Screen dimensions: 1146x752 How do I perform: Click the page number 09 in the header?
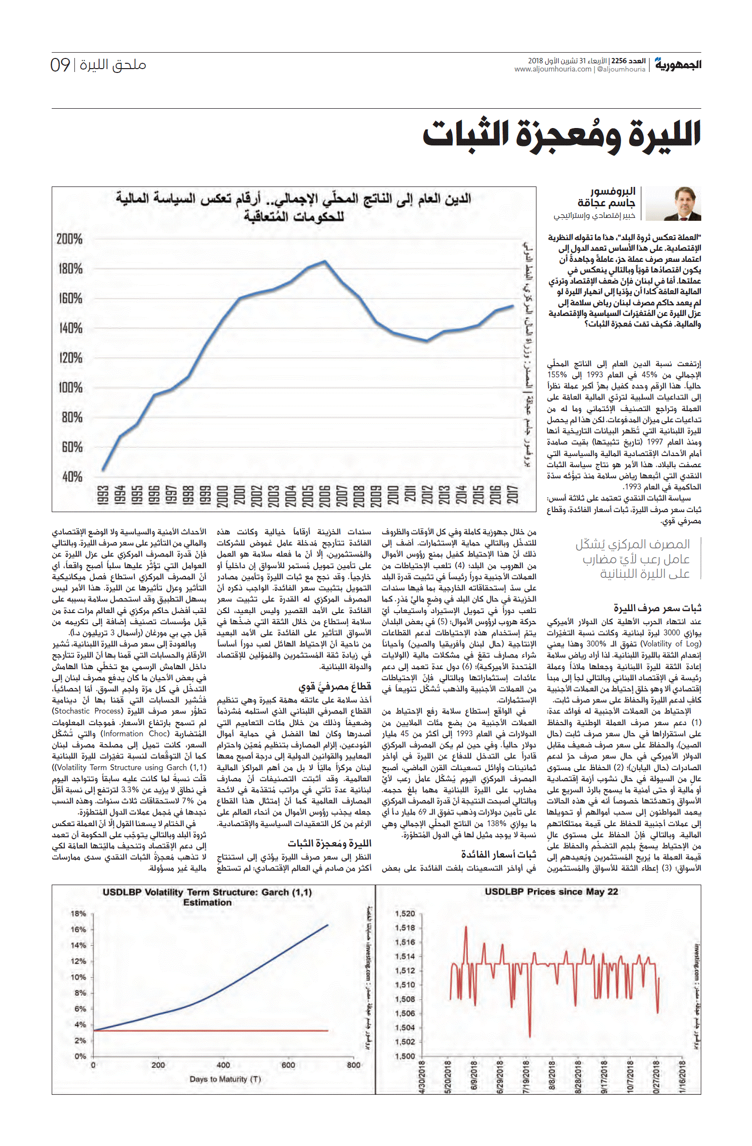tap(60, 65)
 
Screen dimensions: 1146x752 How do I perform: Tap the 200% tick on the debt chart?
tap(70, 239)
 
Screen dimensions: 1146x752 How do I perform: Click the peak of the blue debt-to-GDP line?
tap(325, 261)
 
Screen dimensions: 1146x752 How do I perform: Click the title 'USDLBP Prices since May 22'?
tap(551, 891)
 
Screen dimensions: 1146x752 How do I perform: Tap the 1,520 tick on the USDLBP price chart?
tap(405, 914)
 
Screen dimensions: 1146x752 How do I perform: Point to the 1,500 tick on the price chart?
tap(405, 1056)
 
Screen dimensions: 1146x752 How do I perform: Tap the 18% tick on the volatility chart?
tap(78, 914)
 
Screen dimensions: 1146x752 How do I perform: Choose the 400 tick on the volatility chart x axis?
tap(223, 1065)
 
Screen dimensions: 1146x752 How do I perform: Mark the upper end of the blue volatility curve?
tap(328, 925)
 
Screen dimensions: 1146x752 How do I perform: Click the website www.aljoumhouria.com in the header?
tap(553, 69)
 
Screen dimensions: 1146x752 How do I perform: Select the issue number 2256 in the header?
tap(619, 61)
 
